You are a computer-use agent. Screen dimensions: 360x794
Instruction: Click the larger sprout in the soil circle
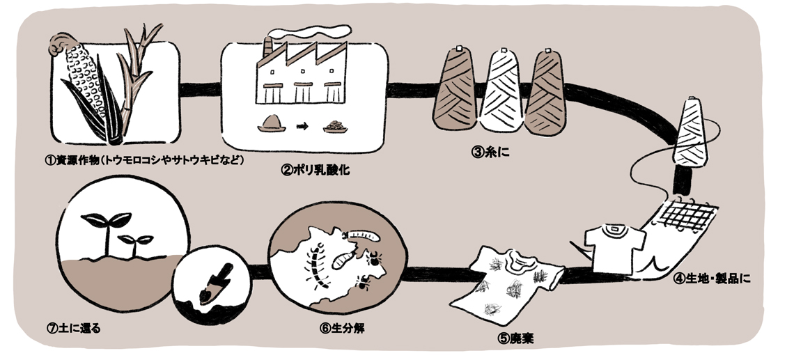click(x=103, y=227)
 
